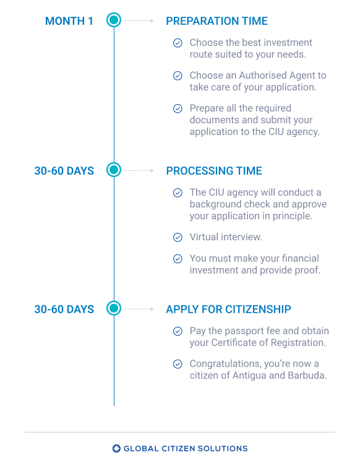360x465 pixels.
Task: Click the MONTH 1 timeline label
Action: click(x=69, y=21)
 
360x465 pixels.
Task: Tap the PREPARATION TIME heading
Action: click(x=216, y=21)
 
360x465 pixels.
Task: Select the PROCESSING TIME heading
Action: click(x=214, y=171)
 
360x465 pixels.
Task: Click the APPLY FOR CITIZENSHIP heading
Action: click(x=228, y=310)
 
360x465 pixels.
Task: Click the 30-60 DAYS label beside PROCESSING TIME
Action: click(x=64, y=171)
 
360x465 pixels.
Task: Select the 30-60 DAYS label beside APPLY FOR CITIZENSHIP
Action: click(x=64, y=310)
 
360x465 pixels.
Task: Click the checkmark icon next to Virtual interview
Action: click(x=178, y=237)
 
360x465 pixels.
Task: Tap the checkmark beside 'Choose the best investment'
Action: click(x=178, y=43)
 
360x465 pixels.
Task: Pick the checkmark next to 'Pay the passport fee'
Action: click(x=178, y=331)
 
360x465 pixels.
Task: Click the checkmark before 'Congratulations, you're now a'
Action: click(x=178, y=364)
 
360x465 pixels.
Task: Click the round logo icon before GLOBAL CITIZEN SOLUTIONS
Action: click(x=116, y=449)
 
